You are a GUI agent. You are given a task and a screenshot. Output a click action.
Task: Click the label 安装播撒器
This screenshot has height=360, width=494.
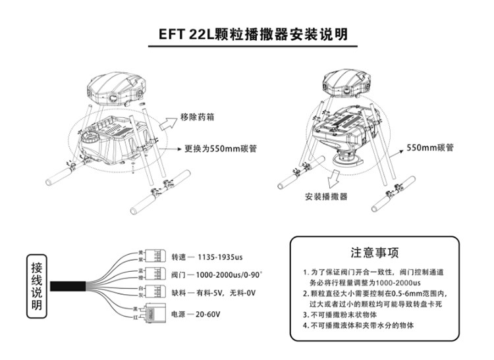click(x=327, y=197)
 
